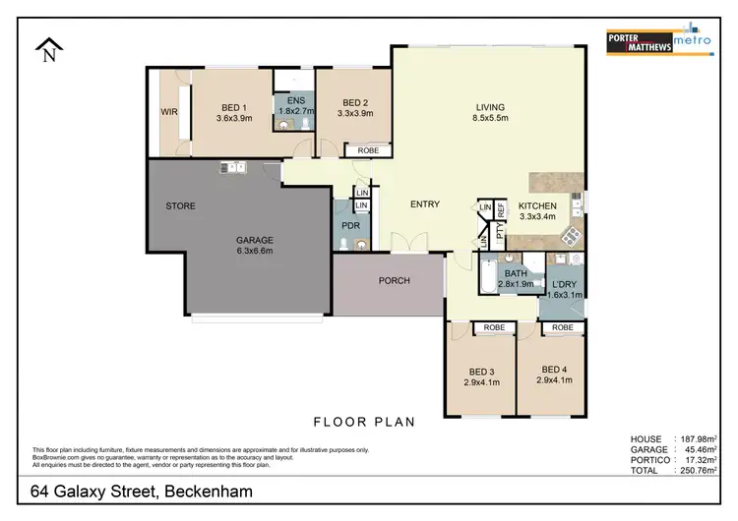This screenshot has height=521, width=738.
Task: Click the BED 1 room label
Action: [233, 112]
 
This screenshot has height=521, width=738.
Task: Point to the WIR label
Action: [168, 112]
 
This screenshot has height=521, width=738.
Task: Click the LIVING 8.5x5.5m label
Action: [489, 113]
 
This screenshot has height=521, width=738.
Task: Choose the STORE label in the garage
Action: [180, 206]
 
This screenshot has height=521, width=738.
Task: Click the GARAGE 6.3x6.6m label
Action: [254, 246]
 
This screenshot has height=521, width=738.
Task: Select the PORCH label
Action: [394, 281]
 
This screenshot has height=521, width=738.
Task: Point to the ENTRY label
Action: [425, 204]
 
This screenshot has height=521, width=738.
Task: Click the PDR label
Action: [350, 225]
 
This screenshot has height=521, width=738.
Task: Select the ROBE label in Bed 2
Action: [367, 150]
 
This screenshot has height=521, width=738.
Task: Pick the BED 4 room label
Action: [553, 376]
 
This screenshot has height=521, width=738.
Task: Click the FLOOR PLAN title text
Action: [363, 423]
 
